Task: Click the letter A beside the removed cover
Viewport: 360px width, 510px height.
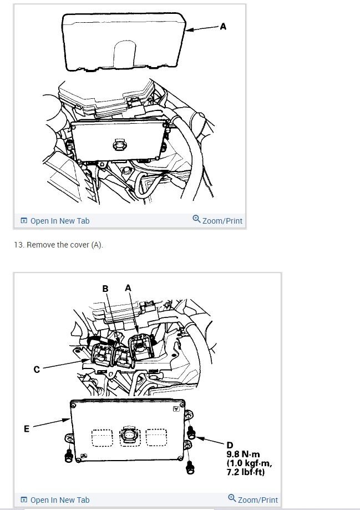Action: point(223,26)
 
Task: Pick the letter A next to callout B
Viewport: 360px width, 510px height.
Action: point(128,287)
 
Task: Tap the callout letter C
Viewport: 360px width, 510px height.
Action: point(37,370)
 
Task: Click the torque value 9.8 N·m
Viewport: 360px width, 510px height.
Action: point(243,455)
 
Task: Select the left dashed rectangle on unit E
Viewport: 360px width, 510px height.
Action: point(100,438)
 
